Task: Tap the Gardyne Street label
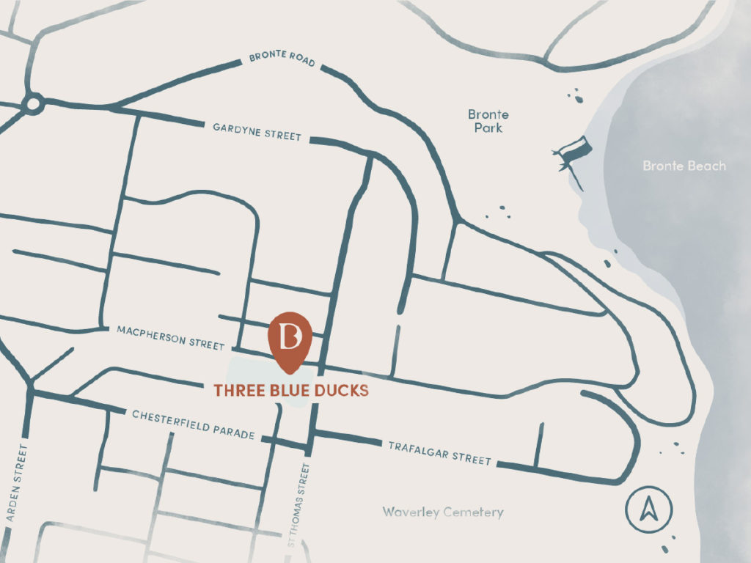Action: coord(257,132)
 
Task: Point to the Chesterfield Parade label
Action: coord(194,424)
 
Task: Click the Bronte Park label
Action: coord(488,121)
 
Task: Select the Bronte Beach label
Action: coord(684,166)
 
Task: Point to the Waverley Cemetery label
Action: coord(443,512)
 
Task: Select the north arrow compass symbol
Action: coord(646,507)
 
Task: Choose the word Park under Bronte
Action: coord(488,128)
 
